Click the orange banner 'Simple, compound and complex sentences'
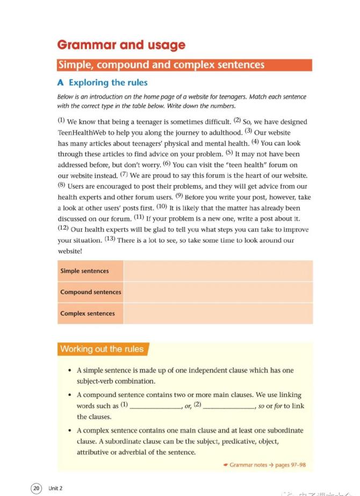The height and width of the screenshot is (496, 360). pyautogui.click(x=161, y=65)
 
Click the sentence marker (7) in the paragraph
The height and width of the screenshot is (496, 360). pyautogui.click(x=124, y=174)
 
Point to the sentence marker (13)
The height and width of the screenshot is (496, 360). pyautogui.click(x=110, y=239)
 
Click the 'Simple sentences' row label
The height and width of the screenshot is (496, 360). pyautogui.click(x=84, y=271)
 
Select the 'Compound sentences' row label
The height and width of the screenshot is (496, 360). pyautogui.click(x=90, y=292)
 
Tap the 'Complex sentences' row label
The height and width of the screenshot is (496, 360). pyautogui.click(x=88, y=313)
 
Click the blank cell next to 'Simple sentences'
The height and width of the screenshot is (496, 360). pyautogui.click(x=218, y=271)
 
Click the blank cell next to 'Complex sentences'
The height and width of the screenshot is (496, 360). pyautogui.click(x=218, y=313)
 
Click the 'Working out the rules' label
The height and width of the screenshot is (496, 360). pyautogui.click(x=102, y=349)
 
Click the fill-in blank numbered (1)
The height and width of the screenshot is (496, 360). pyautogui.click(x=155, y=406)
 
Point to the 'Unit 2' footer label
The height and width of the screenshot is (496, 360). pyautogui.click(x=55, y=488)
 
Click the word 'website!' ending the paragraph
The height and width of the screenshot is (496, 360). pyautogui.click(x=70, y=251)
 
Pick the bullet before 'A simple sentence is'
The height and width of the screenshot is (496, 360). pyautogui.click(x=71, y=371)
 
